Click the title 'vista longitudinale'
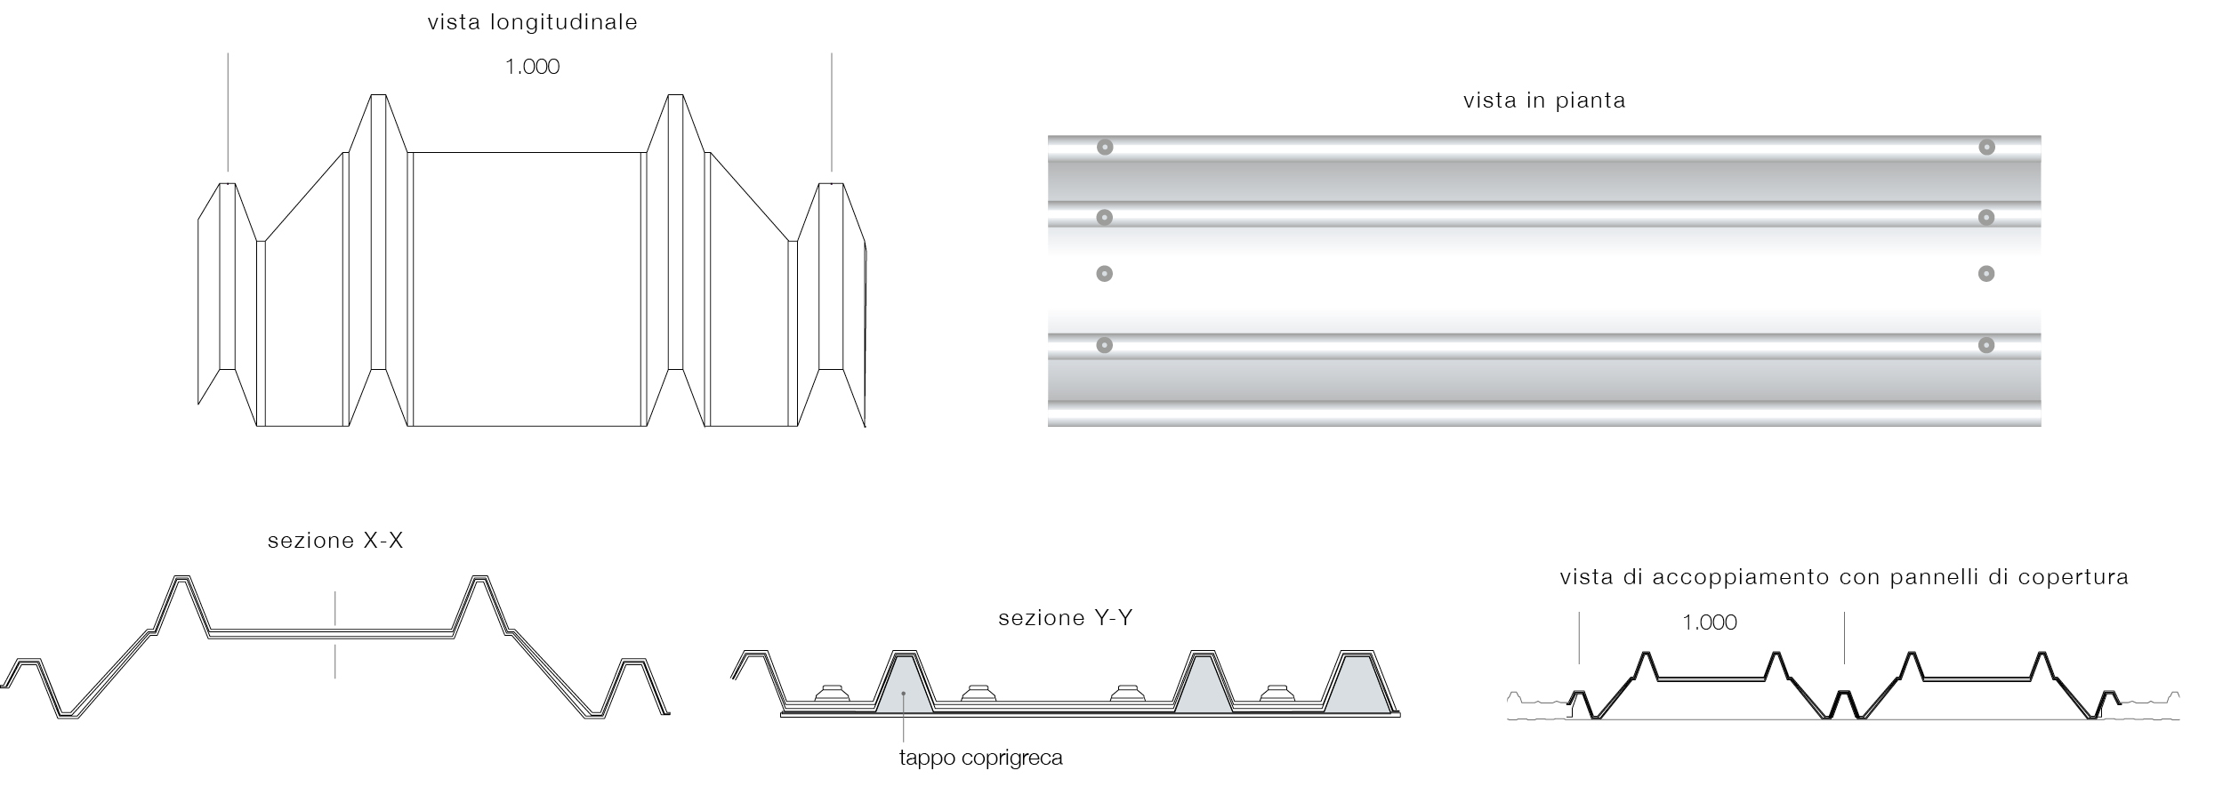pos(532,23)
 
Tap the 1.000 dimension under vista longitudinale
pos(532,67)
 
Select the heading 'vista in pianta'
pos(1544,100)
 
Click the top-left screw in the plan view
pos(1105,147)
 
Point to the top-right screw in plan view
pos(1986,147)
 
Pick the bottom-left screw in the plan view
pos(1105,345)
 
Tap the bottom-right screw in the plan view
pos(1986,345)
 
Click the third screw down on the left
pos(1105,274)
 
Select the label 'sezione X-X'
pos(335,541)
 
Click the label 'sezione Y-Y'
pos(1066,618)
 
